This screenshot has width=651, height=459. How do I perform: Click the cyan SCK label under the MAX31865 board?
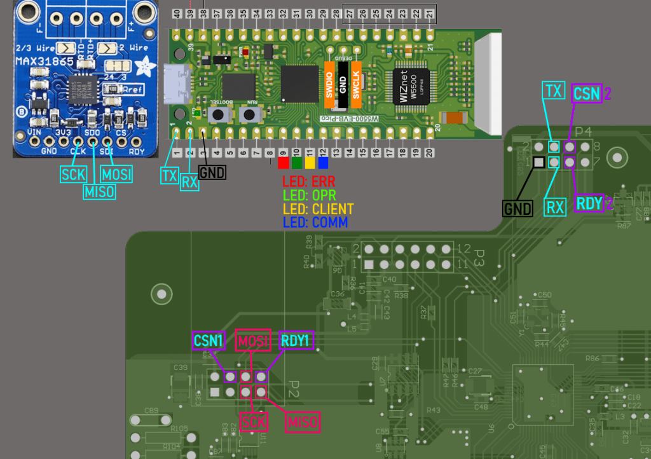pos(72,174)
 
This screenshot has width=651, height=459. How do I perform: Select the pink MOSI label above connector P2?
pos(253,341)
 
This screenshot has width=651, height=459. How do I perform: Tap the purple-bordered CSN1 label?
pos(209,341)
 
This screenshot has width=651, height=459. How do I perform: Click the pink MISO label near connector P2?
pos(302,421)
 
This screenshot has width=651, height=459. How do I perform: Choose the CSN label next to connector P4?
pos(586,94)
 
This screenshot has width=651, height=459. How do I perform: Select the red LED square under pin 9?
pos(284,163)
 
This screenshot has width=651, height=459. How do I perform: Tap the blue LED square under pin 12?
pos(323,163)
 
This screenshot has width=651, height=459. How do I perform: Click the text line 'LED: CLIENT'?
pos(318,209)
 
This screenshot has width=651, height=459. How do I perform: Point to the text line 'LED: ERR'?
pos(308,181)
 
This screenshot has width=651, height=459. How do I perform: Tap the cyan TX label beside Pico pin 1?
pos(169,176)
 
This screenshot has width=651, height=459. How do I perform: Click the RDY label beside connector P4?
pos(589,203)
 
